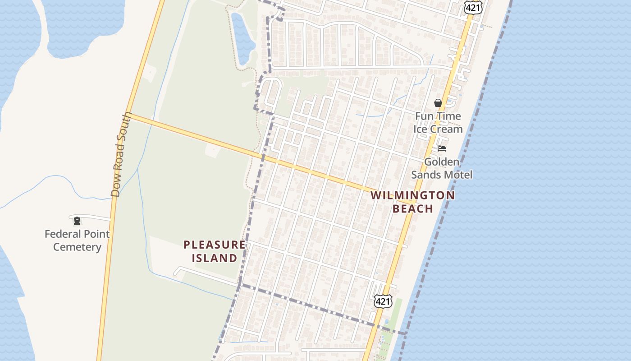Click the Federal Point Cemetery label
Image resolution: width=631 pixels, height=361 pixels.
(x=77, y=241)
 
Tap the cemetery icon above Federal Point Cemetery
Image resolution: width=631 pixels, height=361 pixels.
(x=77, y=221)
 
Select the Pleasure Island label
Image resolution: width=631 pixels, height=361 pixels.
(x=215, y=251)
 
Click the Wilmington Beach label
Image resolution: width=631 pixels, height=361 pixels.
(x=412, y=202)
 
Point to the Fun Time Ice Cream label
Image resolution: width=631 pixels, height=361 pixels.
(x=438, y=123)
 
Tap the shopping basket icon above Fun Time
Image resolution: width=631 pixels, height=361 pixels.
(x=438, y=103)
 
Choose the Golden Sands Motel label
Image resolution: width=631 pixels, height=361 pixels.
(x=441, y=168)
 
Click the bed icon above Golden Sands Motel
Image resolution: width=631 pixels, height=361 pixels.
(x=442, y=148)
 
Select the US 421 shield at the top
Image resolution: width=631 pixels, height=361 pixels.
(x=473, y=6)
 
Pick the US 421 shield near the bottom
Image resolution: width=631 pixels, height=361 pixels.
(x=383, y=301)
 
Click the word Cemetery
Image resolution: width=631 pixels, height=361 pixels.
(x=77, y=247)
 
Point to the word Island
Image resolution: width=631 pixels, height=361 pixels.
(x=215, y=258)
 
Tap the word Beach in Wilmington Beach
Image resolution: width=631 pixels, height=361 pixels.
(x=412, y=208)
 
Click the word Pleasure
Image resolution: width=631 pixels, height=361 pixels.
(x=215, y=245)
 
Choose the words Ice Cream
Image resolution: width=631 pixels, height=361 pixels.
(x=438, y=129)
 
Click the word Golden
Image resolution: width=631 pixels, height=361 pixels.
(x=441, y=162)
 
